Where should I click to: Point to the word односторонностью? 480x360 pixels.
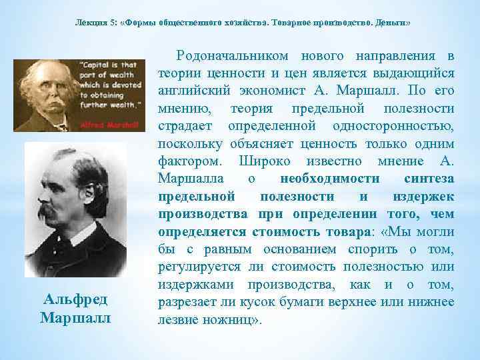398,125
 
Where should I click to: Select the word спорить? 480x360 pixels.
373,249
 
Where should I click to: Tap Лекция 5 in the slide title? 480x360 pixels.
94,23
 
